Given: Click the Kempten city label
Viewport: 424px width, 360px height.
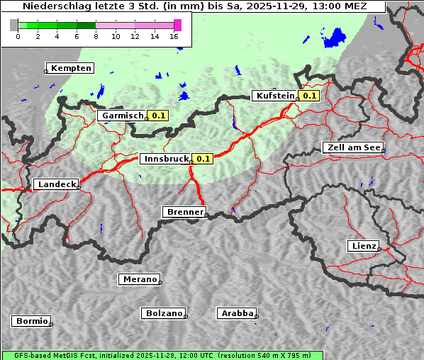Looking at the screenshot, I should (72, 68).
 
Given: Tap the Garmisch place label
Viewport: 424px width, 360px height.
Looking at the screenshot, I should (123, 115).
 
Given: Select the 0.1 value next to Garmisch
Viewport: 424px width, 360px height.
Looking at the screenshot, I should (159, 115).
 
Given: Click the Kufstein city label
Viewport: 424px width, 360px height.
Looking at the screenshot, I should (275, 96).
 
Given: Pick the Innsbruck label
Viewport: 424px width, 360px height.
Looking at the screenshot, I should (166, 159).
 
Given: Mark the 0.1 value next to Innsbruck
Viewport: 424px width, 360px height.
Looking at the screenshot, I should (203, 159).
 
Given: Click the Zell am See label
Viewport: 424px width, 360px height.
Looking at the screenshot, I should (352, 147).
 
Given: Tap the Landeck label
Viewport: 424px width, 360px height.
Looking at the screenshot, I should (56, 184).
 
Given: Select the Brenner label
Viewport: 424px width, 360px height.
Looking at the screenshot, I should (184, 211).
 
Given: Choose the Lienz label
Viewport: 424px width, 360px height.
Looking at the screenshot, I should (363, 246).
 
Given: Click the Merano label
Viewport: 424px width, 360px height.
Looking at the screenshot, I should (139, 279).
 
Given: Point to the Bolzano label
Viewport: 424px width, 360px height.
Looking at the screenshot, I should (164, 313).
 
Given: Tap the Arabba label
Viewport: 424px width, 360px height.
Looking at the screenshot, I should (237, 313).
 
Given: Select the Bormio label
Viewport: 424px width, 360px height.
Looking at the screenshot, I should (31, 321).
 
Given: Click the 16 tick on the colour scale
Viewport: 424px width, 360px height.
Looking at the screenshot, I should (174, 36).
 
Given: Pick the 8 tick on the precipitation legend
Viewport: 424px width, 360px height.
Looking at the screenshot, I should (96, 36).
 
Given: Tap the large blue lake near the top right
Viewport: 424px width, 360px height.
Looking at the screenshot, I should (333, 38).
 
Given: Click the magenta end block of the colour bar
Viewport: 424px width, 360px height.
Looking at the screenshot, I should (177, 25).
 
